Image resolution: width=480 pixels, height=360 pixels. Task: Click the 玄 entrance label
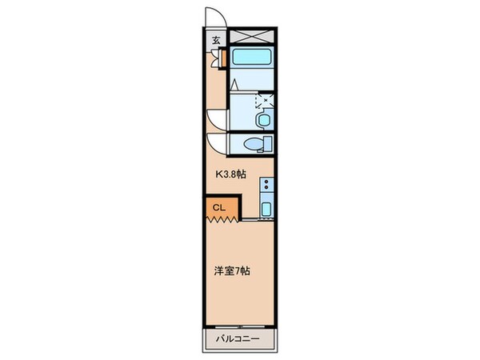pyautogui.click(x=216, y=41)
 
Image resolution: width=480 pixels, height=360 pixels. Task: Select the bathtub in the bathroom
pyautogui.click(x=252, y=58)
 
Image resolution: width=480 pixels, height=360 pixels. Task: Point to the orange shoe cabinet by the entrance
pyautogui.click(x=225, y=58)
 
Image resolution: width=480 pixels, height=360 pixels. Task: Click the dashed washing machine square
pyautogui.click(x=263, y=101)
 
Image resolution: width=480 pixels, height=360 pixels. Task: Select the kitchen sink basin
pyautogui.click(x=266, y=210)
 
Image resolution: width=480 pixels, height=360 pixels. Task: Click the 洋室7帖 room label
pyautogui.click(x=232, y=271)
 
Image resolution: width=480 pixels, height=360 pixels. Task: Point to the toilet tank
pyautogui.click(x=268, y=144)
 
